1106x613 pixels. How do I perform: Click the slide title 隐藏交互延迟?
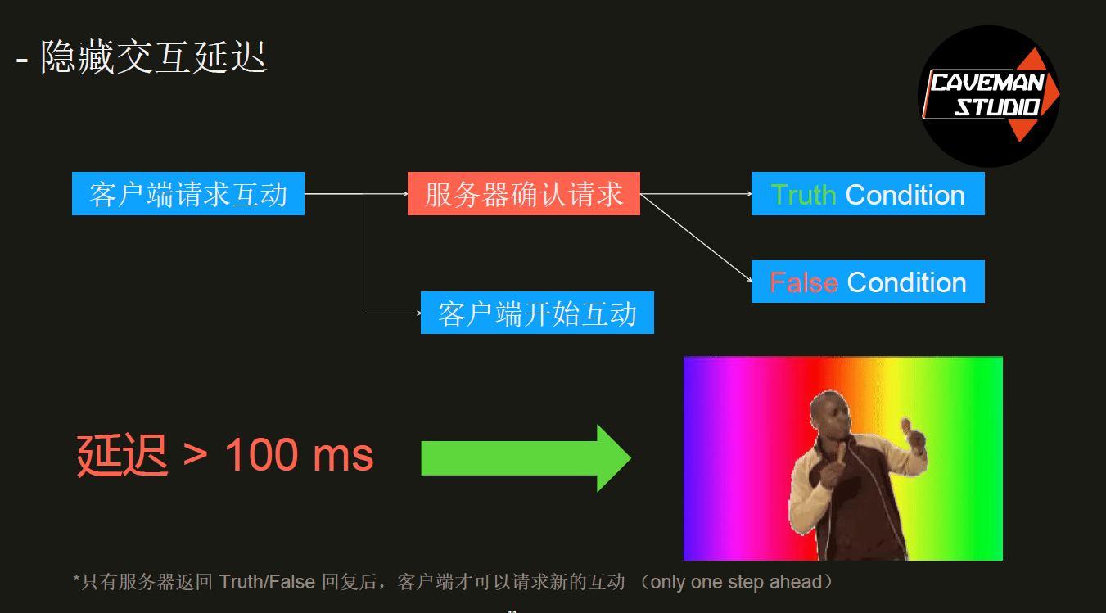(x=154, y=57)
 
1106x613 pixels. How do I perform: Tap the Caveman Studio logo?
(x=989, y=97)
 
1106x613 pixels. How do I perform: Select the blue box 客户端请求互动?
(x=188, y=193)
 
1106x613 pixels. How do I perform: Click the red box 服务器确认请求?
(x=524, y=193)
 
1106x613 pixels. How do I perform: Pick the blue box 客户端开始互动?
(x=537, y=313)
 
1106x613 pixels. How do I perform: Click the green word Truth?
(x=803, y=195)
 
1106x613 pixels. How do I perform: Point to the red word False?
(x=804, y=283)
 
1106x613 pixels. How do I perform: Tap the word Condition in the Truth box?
(x=905, y=195)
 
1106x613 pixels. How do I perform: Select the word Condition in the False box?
(x=906, y=283)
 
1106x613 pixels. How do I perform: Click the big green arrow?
(x=526, y=458)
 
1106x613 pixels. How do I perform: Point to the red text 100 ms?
(x=299, y=454)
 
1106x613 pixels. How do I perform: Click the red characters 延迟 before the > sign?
(x=123, y=454)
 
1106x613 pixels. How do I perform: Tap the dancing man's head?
(x=830, y=413)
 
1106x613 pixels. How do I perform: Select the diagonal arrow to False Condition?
(x=696, y=238)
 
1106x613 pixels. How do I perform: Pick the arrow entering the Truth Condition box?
(x=696, y=193)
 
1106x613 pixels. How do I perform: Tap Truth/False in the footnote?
(x=267, y=582)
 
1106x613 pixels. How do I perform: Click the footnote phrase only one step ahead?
(x=736, y=582)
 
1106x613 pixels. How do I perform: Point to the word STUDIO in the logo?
(x=997, y=107)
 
